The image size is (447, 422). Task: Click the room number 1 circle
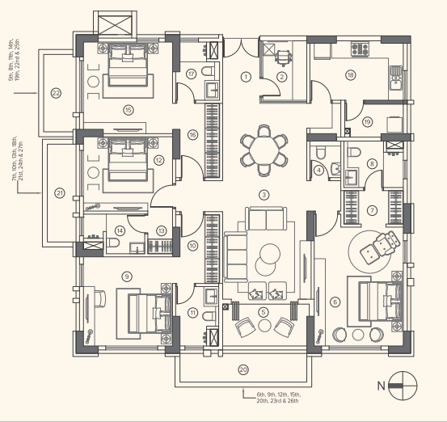click(x=247, y=77)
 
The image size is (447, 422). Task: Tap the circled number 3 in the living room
click(x=263, y=195)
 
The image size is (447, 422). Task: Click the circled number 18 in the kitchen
click(x=350, y=75)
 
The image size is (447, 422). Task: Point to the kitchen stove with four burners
click(x=359, y=49)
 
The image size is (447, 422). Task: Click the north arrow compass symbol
click(x=402, y=385)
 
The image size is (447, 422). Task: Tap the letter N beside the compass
click(x=382, y=386)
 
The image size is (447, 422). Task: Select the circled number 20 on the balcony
click(x=243, y=369)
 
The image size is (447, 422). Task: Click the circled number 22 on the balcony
click(x=56, y=93)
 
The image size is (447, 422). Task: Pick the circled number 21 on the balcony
click(x=59, y=192)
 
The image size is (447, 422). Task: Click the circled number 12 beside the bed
click(x=159, y=160)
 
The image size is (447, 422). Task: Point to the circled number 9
click(x=126, y=276)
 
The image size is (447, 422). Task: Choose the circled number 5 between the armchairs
click(x=262, y=310)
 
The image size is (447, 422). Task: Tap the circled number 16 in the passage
click(x=192, y=134)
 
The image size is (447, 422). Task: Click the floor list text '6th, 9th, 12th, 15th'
click(x=277, y=393)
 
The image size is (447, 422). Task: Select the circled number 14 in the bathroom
click(x=119, y=230)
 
